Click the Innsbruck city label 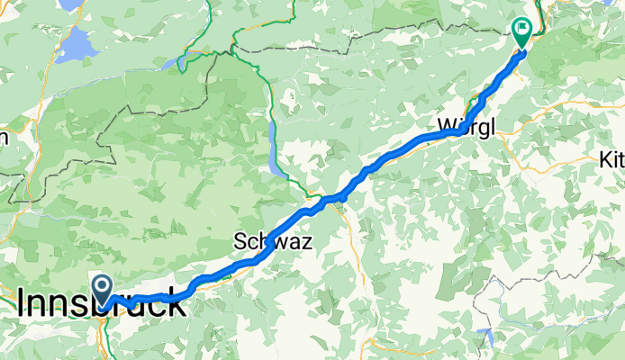[102, 304]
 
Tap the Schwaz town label [268, 241]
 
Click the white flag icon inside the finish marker [522, 28]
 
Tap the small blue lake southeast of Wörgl [487, 338]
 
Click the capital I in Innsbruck [22, 304]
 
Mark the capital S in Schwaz [240, 241]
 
